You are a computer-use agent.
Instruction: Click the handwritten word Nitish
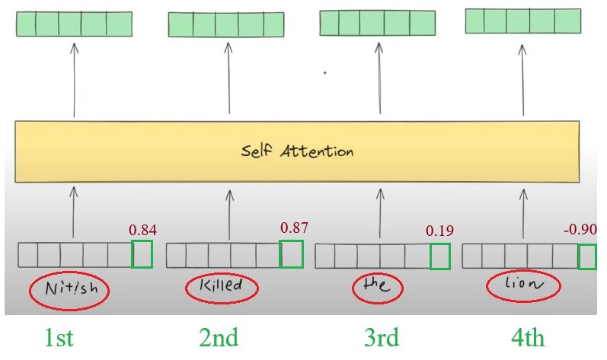(69, 290)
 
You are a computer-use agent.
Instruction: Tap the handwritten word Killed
(222, 287)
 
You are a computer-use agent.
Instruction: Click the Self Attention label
(299, 151)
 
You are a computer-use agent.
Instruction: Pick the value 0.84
(142, 230)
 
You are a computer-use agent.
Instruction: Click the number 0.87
(294, 228)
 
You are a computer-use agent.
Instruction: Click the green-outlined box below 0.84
(142, 254)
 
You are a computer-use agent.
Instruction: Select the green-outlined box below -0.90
(586, 256)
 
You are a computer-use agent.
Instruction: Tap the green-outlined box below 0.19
(439, 256)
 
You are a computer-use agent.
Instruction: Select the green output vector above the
(377, 23)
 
